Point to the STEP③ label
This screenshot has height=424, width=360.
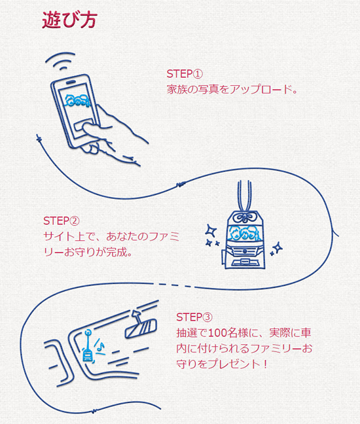195,317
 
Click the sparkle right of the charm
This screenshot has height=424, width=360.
277,247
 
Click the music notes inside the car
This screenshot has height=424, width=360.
99,345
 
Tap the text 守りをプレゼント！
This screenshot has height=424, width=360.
222,362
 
